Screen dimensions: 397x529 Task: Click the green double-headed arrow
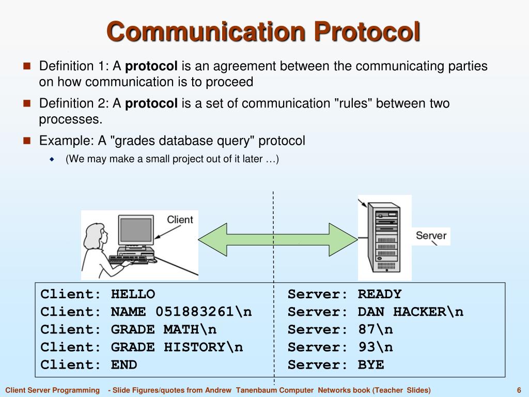coord(274,239)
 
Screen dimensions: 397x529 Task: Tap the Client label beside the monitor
coord(180,220)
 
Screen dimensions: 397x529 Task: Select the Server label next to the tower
coord(431,236)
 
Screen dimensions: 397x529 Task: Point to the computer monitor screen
coord(136,231)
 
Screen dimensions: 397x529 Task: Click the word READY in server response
coord(379,294)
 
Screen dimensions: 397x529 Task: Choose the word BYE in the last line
coord(371,364)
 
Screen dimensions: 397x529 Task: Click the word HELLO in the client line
coord(133,294)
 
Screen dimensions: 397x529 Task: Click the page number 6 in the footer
coord(518,390)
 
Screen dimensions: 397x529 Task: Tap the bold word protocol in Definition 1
coord(151,66)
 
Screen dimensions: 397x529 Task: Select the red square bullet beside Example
coord(27,140)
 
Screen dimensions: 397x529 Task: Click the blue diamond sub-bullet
coord(52,159)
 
